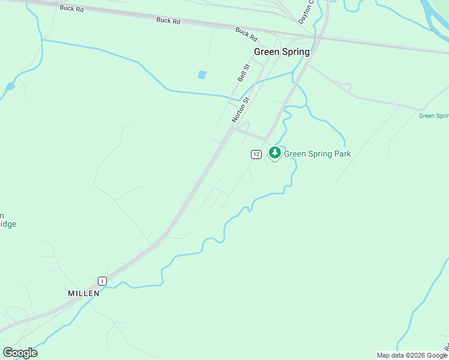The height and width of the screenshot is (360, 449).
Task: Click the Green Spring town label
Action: click(282, 52)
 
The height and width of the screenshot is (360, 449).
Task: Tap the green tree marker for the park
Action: click(275, 153)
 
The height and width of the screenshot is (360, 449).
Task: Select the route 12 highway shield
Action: click(256, 155)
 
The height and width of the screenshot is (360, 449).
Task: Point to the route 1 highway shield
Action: click(103, 281)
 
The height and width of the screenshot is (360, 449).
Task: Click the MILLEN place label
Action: click(83, 293)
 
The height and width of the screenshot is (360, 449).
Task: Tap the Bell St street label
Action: click(243, 73)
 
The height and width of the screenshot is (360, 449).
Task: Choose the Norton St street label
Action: click(240, 110)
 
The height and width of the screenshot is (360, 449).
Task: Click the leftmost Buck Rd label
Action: click(71, 8)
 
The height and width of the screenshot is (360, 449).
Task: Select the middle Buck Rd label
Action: click(168, 20)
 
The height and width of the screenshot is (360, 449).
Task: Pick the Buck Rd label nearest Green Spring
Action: click(246, 34)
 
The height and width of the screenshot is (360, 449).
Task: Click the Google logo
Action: click(20, 353)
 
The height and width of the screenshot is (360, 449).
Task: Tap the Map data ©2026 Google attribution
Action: click(412, 355)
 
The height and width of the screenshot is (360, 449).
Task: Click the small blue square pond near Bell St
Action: click(202, 75)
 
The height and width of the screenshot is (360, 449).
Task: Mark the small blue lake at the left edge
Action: click(10, 86)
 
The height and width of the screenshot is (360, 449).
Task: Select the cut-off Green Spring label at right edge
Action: click(434, 116)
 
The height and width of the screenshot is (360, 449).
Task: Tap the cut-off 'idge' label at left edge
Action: click(8, 224)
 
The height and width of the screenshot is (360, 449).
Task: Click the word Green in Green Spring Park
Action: click(295, 154)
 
